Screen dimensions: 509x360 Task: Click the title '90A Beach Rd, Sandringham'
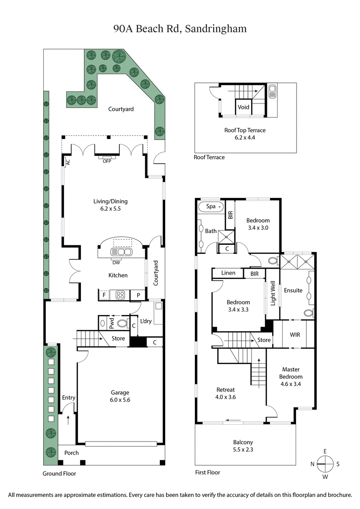pyautogui.click(x=180, y=29)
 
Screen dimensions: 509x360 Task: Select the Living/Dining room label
pyautogui.click(x=105, y=205)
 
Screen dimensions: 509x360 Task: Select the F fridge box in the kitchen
pyautogui.click(x=104, y=296)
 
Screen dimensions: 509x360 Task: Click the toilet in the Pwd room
pyautogui.click(x=121, y=323)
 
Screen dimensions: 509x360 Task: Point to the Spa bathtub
pyautogui.click(x=211, y=207)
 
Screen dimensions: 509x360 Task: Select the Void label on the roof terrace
pyautogui.click(x=243, y=108)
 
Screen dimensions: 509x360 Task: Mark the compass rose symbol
pyautogui.click(x=324, y=464)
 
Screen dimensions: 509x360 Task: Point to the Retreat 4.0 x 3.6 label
pyautogui.click(x=225, y=393)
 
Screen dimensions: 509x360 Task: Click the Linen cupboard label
pyautogui.click(x=229, y=273)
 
